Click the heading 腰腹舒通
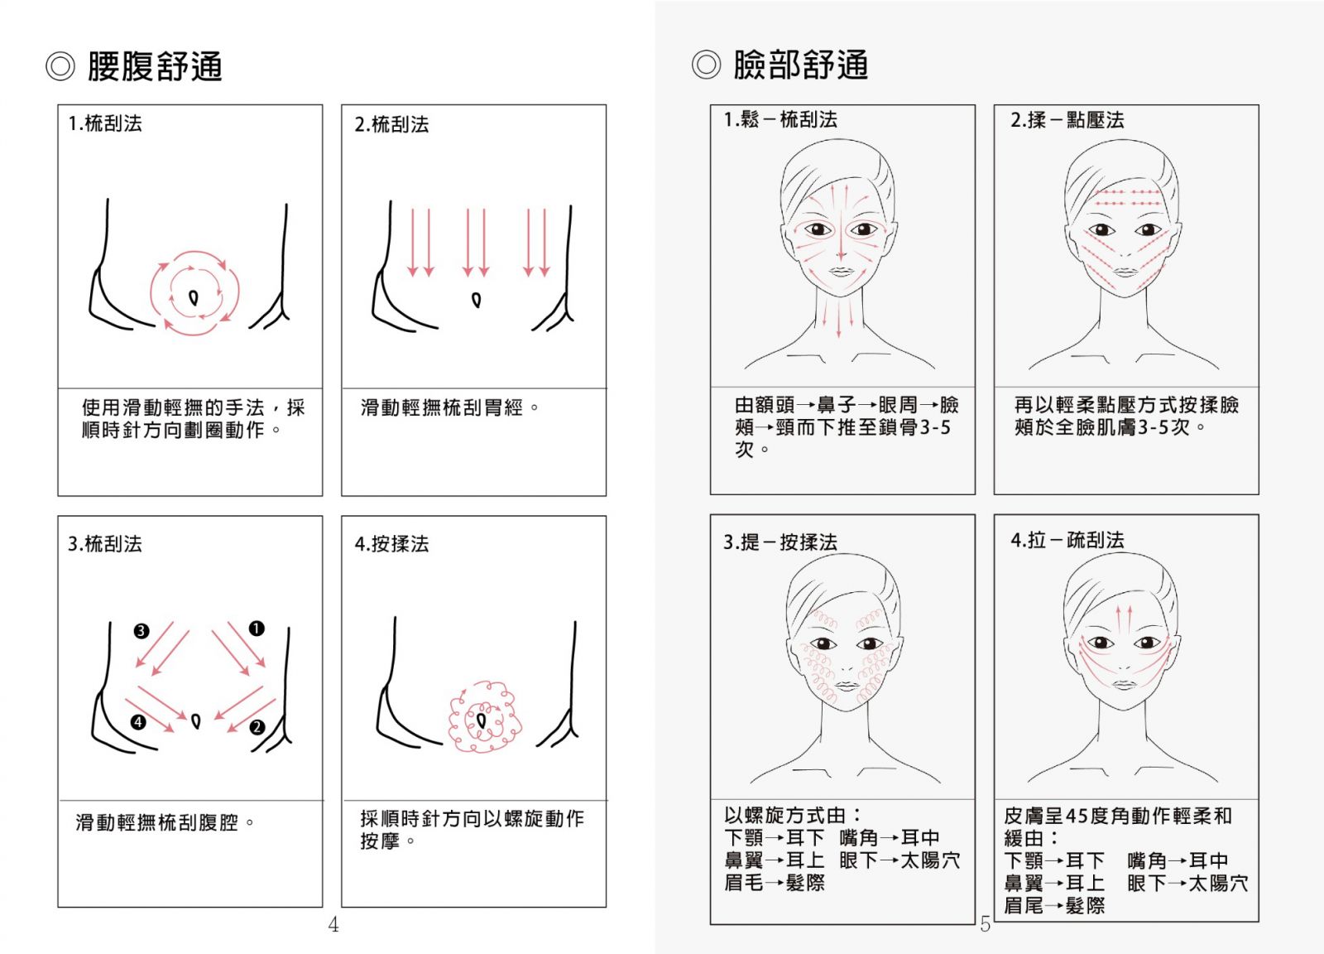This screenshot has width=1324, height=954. click(155, 65)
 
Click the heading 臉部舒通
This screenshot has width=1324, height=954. click(801, 65)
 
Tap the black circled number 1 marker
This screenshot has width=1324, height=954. click(257, 628)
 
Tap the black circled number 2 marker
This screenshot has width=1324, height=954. click(257, 727)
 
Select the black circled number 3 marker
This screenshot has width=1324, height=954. click(142, 631)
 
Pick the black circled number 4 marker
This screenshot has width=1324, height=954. click(138, 722)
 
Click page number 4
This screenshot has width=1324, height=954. click(333, 924)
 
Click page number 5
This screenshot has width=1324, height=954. click(985, 924)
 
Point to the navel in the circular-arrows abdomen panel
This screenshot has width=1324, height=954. click(194, 297)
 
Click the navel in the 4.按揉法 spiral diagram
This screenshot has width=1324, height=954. click(481, 721)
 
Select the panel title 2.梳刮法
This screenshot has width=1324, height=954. click(392, 124)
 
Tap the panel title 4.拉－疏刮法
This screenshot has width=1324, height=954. click(1067, 540)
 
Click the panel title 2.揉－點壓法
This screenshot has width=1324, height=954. click(1067, 120)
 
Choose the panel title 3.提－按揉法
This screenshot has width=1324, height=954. click(780, 542)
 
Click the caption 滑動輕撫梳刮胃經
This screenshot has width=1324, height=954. click(442, 407)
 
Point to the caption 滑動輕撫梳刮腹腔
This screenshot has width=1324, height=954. click(156, 822)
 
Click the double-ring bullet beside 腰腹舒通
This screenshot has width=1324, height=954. click(60, 66)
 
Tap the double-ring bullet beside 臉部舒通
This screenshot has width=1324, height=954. click(707, 65)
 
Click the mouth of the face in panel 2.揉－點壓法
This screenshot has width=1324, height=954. click(1125, 272)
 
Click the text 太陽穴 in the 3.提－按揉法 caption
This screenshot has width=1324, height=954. click(930, 860)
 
